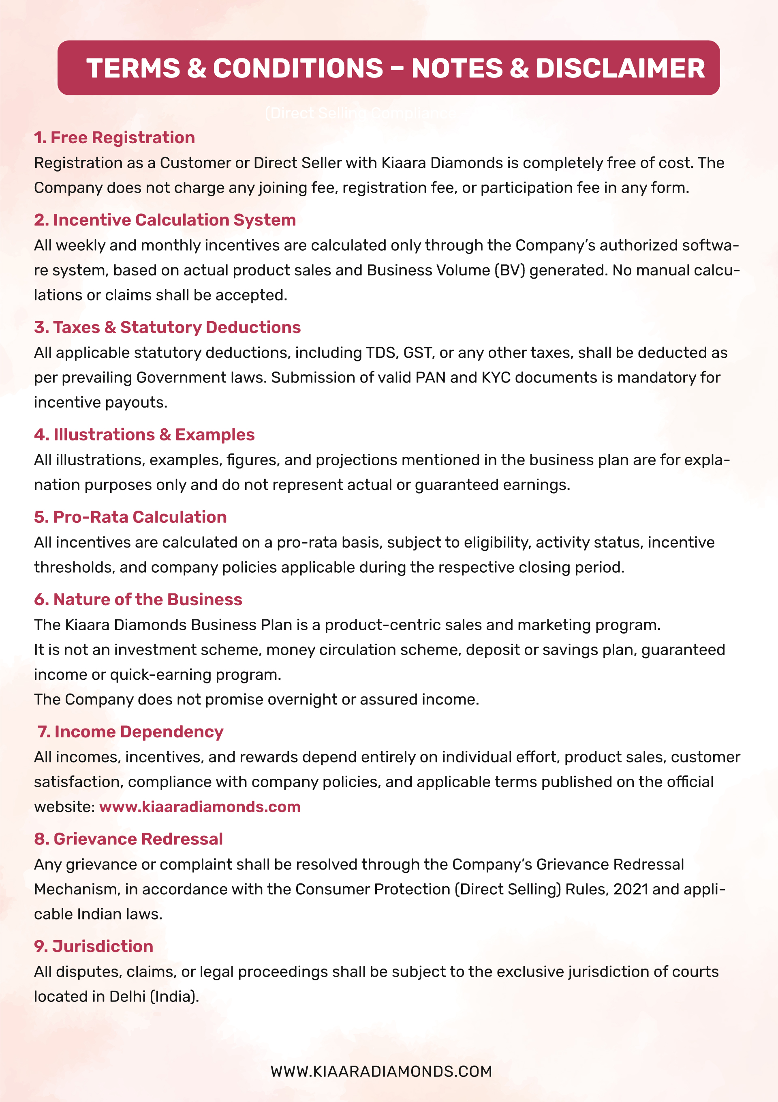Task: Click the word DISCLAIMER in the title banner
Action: click(620, 68)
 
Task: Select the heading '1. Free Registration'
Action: click(114, 138)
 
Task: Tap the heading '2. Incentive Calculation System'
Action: click(165, 220)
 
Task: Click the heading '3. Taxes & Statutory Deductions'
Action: click(167, 327)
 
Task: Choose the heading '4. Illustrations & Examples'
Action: click(144, 435)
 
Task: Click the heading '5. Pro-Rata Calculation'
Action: click(130, 517)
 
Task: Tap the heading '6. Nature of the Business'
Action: click(138, 599)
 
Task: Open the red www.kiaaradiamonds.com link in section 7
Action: click(199, 807)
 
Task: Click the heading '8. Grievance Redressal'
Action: click(128, 839)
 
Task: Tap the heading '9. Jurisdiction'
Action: click(94, 947)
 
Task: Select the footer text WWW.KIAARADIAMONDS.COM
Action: click(381, 1072)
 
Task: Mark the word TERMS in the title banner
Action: click(133, 68)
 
